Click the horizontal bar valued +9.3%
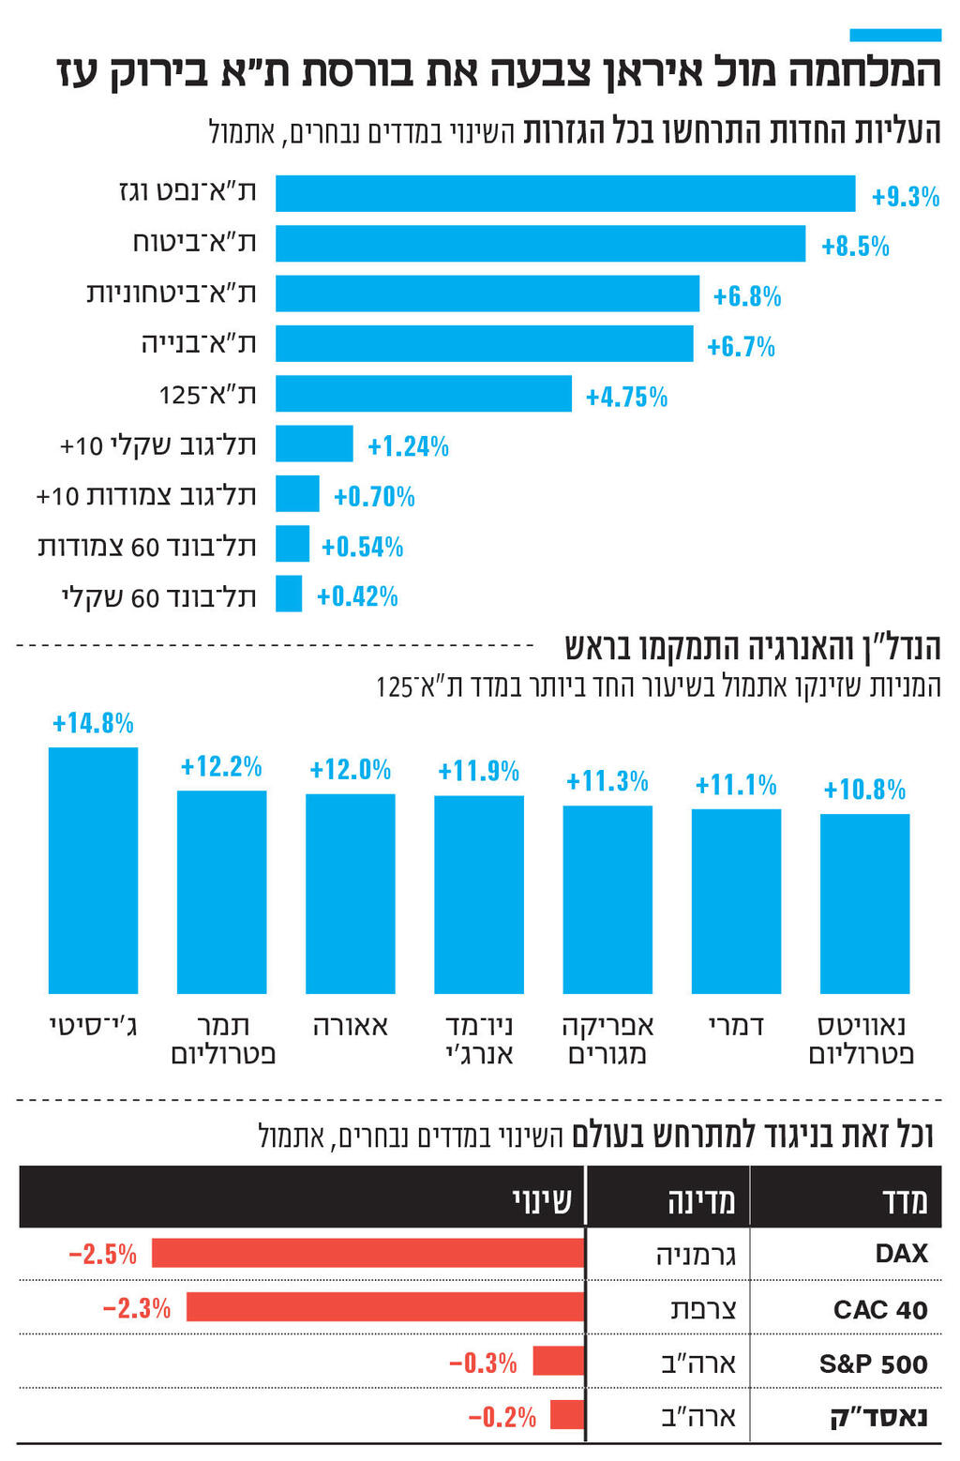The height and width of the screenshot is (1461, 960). point(565,194)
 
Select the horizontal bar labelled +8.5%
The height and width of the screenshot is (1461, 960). point(540,244)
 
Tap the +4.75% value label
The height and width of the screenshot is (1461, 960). point(626,397)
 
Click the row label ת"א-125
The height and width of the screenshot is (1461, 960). point(207,394)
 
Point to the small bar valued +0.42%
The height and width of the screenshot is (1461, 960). point(289,595)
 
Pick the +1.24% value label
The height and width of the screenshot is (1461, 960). point(408,446)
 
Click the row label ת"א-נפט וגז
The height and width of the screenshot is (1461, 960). point(187,192)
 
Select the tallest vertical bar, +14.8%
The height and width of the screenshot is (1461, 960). point(93,870)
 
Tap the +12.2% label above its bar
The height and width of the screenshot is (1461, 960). point(221,767)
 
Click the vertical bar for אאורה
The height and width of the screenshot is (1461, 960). point(350,893)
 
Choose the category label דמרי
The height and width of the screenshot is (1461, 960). point(736,1026)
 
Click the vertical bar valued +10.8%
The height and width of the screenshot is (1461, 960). point(864,903)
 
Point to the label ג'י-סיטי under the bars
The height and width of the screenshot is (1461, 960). point(93,1026)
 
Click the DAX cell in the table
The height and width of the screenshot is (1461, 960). point(901,1254)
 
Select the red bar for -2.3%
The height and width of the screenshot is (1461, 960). point(385,1307)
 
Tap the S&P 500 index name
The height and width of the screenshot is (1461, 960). point(873,1363)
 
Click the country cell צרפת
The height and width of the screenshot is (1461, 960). point(703,1309)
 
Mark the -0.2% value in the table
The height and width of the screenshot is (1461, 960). point(502,1416)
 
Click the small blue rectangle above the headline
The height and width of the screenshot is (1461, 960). point(894,35)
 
